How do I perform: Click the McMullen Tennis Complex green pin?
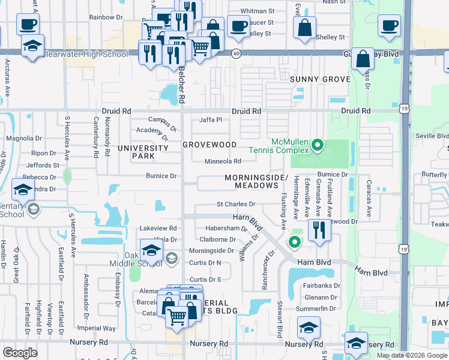click(319, 145)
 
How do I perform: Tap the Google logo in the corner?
click(20, 353)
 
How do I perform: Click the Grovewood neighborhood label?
click(209, 145)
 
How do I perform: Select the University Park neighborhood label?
click(143, 152)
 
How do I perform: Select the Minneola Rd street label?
click(223, 161)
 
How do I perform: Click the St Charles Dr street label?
click(236, 205)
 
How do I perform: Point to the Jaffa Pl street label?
click(211, 120)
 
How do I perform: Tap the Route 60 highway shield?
click(237, 54)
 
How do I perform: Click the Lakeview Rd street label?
click(158, 229)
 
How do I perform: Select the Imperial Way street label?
click(100, 328)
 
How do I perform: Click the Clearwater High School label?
click(85, 54)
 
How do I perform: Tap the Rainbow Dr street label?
click(106, 17)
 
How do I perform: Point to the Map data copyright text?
click(411, 355)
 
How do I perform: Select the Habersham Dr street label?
click(226, 229)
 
